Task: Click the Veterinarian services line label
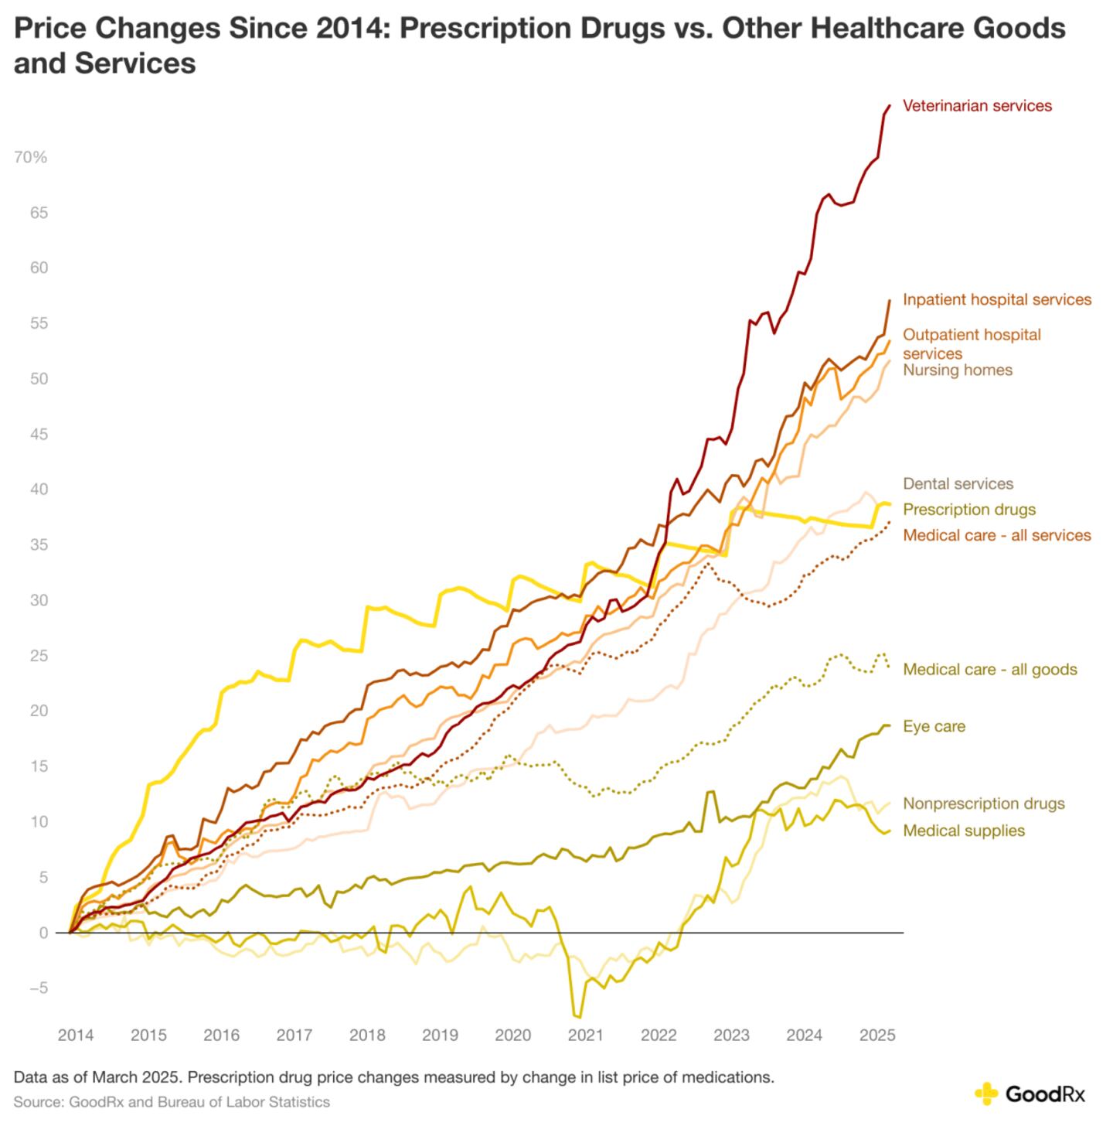(977, 106)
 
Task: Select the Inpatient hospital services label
(997, 299)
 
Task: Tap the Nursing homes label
(958, 370)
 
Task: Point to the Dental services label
(958, 484)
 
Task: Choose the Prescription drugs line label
(969, 510)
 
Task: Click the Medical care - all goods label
(989, 670)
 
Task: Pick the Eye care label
(934, 726)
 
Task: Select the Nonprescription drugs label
(983, 804)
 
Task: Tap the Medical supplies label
(964, 831)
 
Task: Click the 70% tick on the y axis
(31, 158)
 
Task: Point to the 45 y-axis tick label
(39, 435)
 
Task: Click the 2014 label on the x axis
(76, 1036)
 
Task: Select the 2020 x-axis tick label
(512, 1036)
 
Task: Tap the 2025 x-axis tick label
(877, 1036)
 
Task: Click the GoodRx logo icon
(986, 1094)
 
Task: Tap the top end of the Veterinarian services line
(889, 105)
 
